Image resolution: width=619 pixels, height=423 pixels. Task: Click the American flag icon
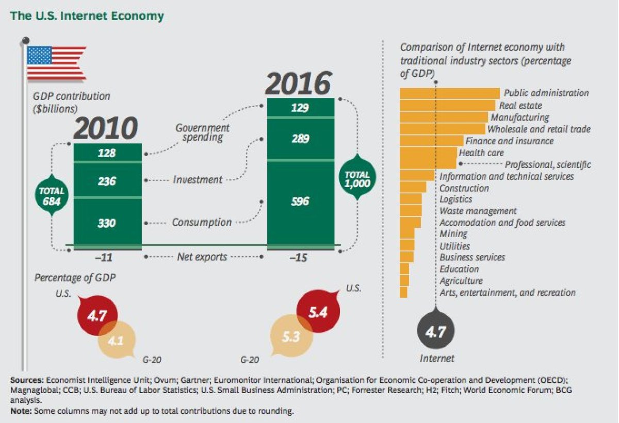coord(56,63)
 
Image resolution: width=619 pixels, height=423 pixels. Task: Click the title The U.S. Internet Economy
coord(87,16)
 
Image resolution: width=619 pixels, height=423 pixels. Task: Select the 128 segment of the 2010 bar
coord(107,153)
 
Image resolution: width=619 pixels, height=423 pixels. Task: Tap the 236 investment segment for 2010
coord(107,180)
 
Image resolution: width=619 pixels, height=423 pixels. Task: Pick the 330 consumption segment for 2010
coord(107,223)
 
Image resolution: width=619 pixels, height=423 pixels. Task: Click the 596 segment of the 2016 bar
coord(300,201)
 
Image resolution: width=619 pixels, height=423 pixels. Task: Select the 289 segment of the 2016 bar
coord(300,139)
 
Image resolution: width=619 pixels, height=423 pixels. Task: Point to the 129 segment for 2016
coord(300,108)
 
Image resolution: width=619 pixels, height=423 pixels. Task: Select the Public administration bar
coord(449,93)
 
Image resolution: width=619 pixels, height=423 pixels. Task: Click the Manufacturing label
coord(519,117)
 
